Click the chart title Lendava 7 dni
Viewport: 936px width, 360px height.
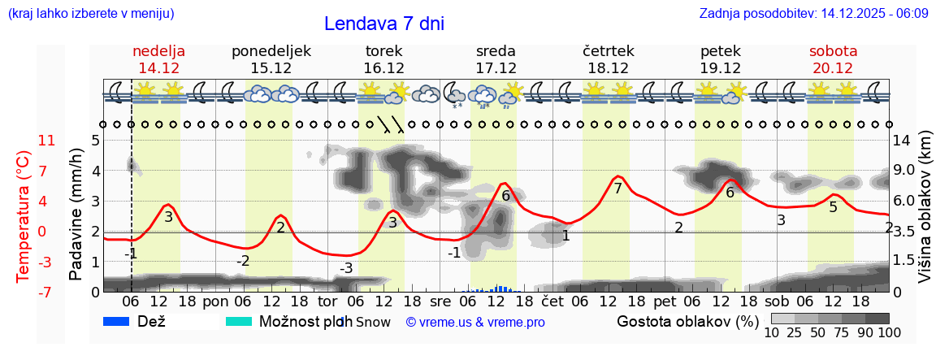pos(383,24)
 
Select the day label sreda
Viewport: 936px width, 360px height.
pos(496,51)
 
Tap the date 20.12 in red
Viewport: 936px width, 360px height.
pos(833,68)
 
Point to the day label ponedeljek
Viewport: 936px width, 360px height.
pos(271,51)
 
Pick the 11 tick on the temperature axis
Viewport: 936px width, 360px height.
pos(47,141)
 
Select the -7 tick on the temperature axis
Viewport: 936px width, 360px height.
pos(47,292)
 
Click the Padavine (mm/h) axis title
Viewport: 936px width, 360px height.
pos(76,215)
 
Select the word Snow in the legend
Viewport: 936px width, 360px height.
pos(373,322)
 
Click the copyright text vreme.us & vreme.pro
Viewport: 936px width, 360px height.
pos(475,322)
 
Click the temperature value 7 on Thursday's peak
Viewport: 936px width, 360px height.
pos(617,189)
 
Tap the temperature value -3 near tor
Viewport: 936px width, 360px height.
pos(346,267)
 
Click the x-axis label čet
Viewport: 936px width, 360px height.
pos(552,301)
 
